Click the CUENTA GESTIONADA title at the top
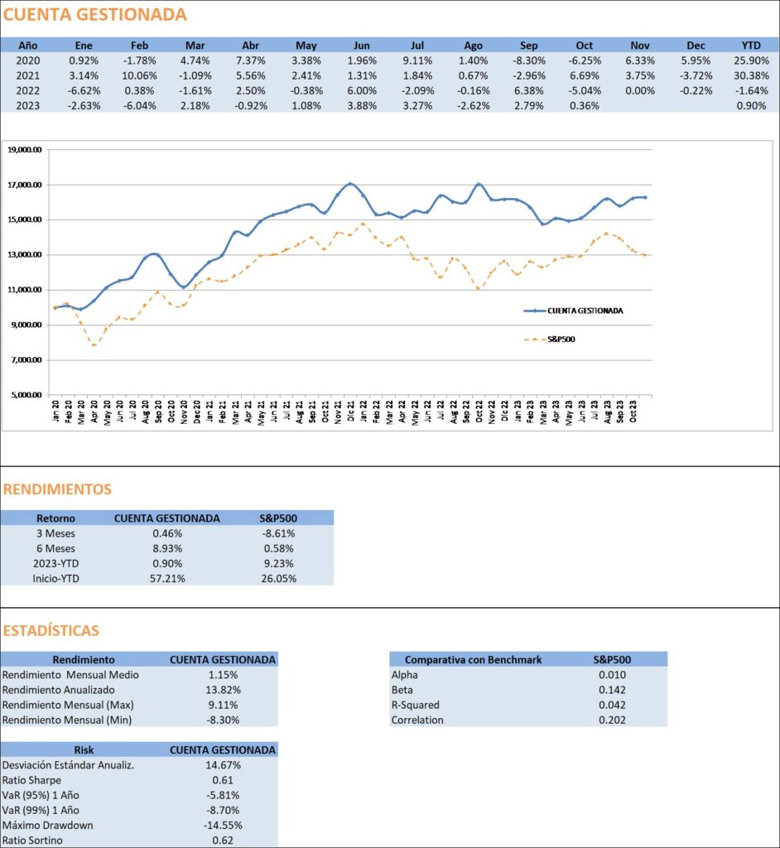click(94, 15)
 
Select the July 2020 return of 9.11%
click(417, 60)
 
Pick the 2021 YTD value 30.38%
click(751, 75)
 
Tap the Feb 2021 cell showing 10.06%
click(139, 75)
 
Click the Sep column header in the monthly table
click(528, 46)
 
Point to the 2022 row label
click(27, 91)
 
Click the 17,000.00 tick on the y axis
click(24, 185)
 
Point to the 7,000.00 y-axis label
click(26, 360)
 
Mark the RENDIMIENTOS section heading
click(57, 489)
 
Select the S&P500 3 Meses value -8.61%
click(278, 533)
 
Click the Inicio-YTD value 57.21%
click(167, 579)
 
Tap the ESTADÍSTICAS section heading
click(51, 630)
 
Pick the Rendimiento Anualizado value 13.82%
click(223, 690)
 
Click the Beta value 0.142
click(612, 690)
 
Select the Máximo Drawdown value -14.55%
click(223, 826)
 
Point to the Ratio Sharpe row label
click(32, 780)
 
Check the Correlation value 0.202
click(612, 720)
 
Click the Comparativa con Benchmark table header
click(474, 660)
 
